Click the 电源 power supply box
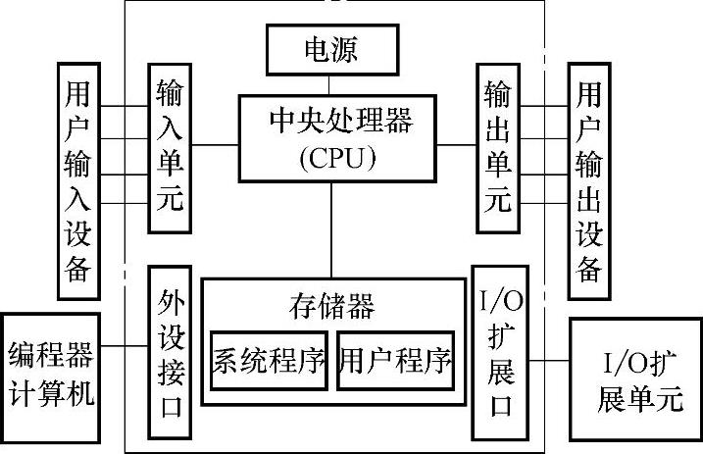point(331,48)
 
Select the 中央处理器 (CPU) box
point(331,136)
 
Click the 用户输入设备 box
point(77,180)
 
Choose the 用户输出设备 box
point(588,180)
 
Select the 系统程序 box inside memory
point(268,361)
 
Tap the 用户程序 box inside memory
point(396,361)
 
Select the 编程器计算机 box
point(50,374)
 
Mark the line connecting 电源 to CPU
point(331,82)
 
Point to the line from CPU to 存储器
point(331,229)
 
